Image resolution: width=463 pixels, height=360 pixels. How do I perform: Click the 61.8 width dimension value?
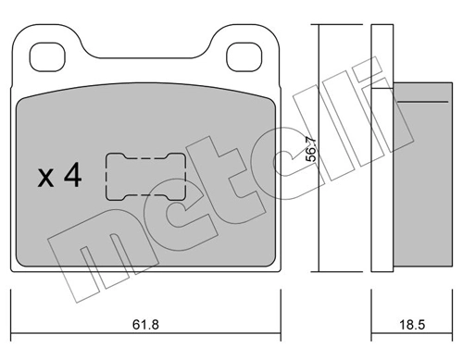point(145,325)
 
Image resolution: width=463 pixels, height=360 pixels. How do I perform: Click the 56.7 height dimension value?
point(311,149)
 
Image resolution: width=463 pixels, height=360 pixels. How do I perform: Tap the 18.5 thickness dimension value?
point(412,325)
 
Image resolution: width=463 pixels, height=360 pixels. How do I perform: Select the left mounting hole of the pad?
point(47,56)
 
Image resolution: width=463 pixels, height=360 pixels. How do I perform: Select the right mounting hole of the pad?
point(244,56)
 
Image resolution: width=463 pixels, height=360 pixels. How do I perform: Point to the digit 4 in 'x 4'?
point(73,175)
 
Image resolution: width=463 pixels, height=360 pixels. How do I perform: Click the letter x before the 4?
point(45,179)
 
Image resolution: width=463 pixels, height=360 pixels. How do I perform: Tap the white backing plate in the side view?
point(382,148)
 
